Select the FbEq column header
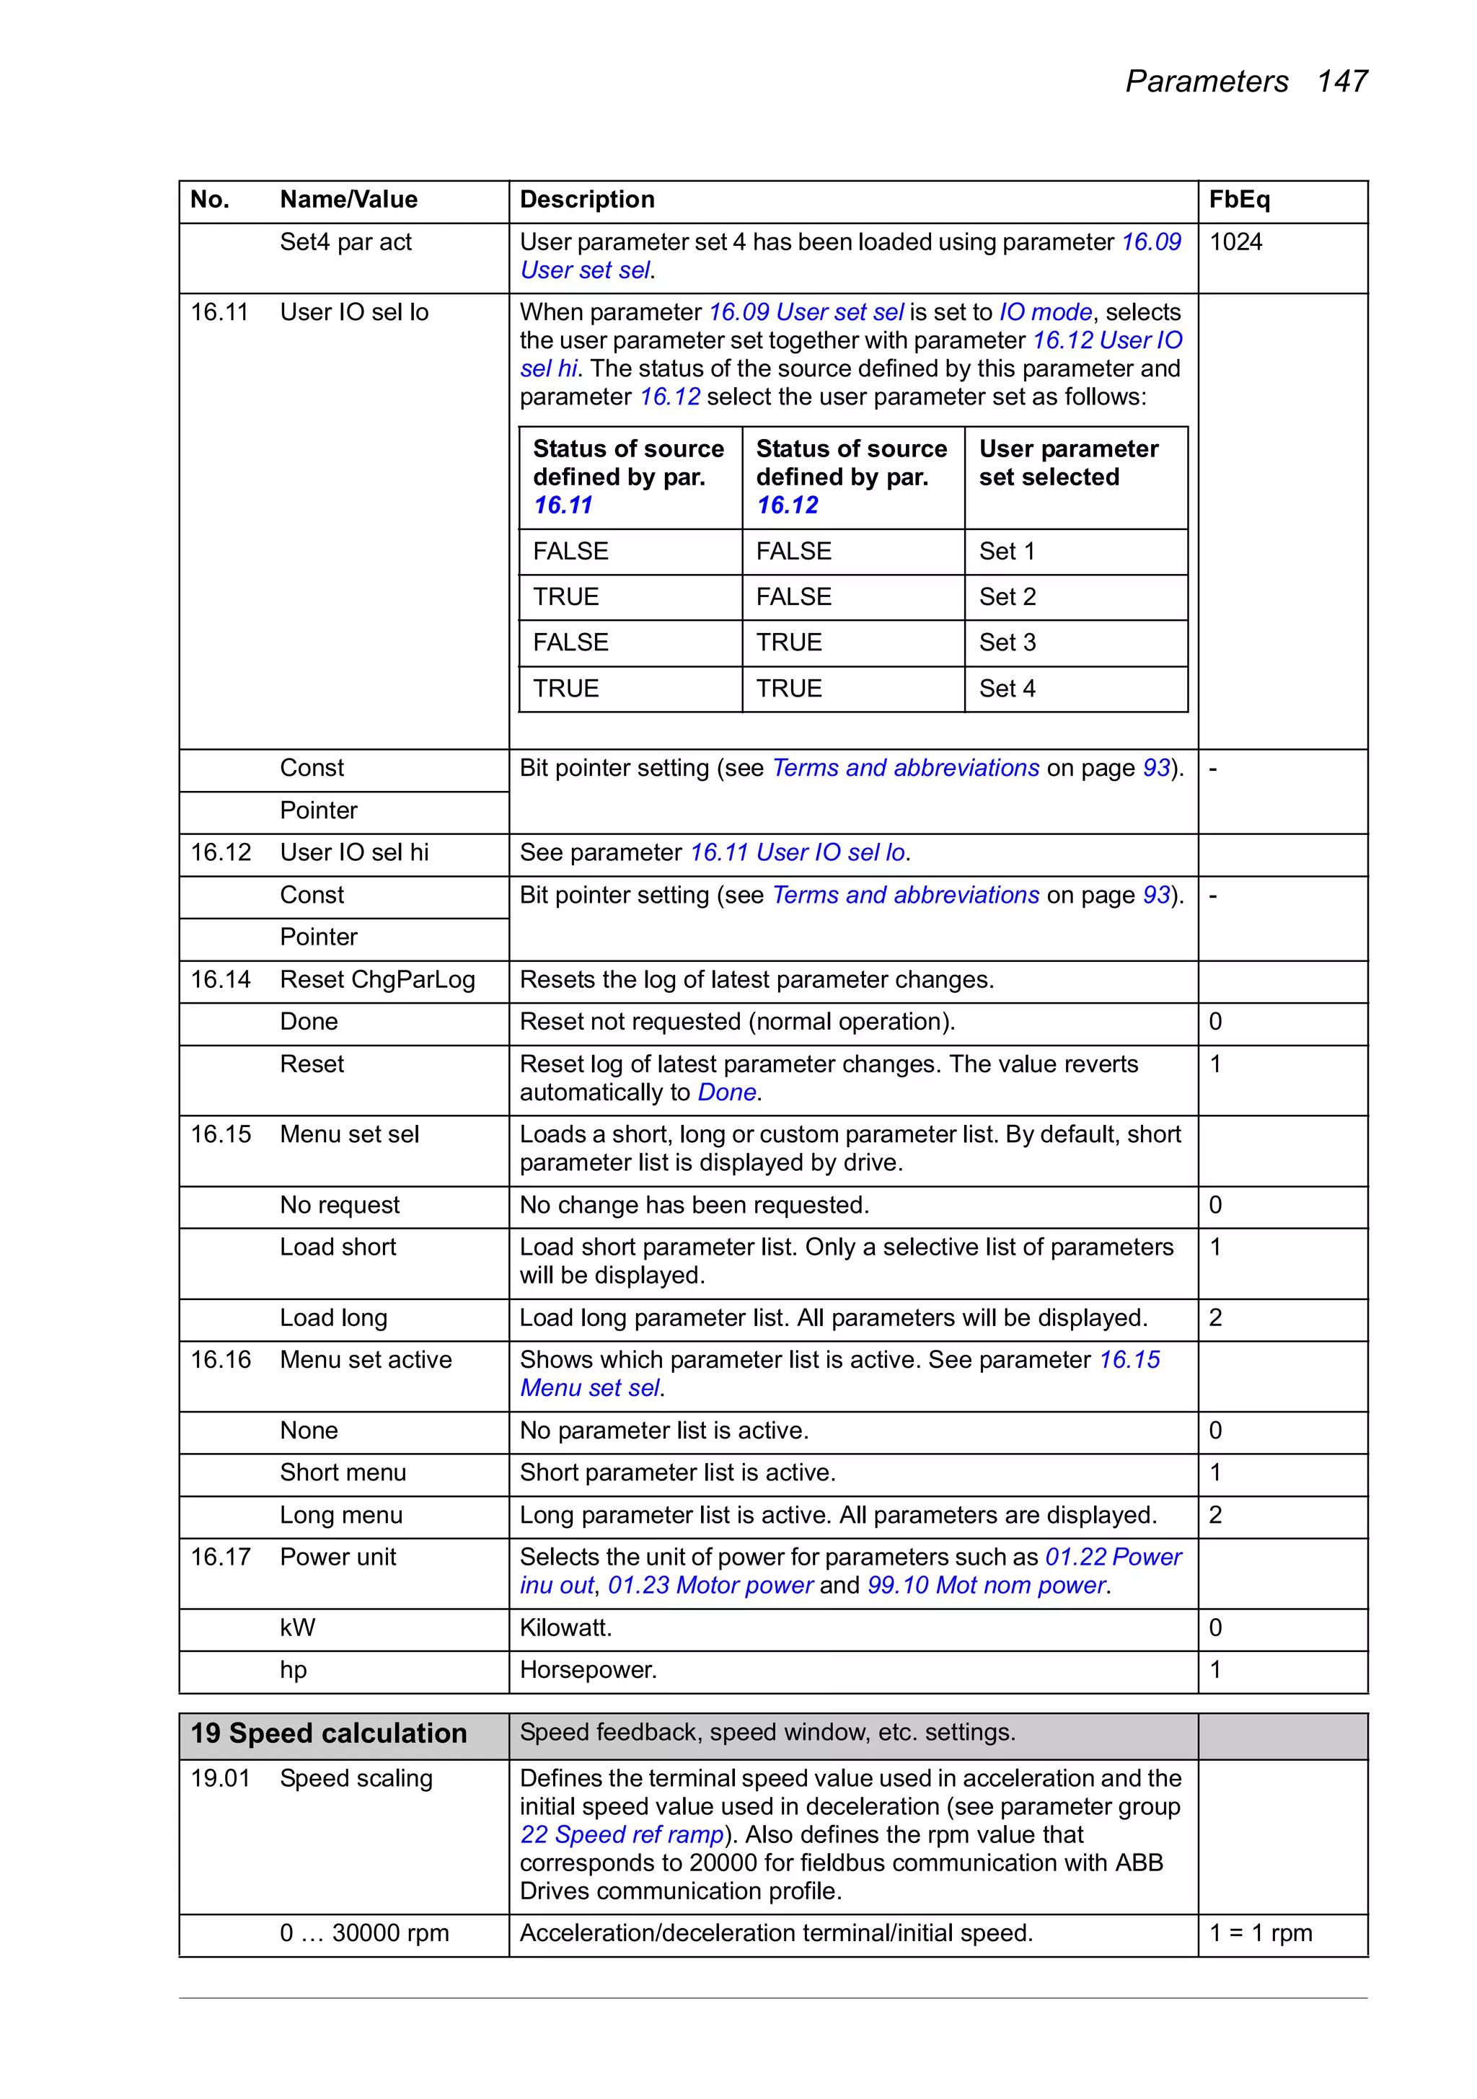click(1238, 199)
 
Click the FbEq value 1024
click(1235, 242)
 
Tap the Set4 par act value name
click(345, 242)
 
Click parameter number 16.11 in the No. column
click(219, 313)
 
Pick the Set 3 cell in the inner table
click(1007, 642)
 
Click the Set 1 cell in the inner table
click(1006, 552)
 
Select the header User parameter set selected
click(1067, 463)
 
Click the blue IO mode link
click(1044, 313)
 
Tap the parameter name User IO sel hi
click(354, 852)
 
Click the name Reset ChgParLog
click(376, 980)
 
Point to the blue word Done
click(726, 1092)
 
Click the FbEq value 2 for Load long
click(1215, 1317)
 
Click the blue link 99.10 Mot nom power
click(987, 1585)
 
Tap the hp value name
click(293, 1669)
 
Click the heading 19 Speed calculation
click(328, 1733)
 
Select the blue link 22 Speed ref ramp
click(621, 1835)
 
